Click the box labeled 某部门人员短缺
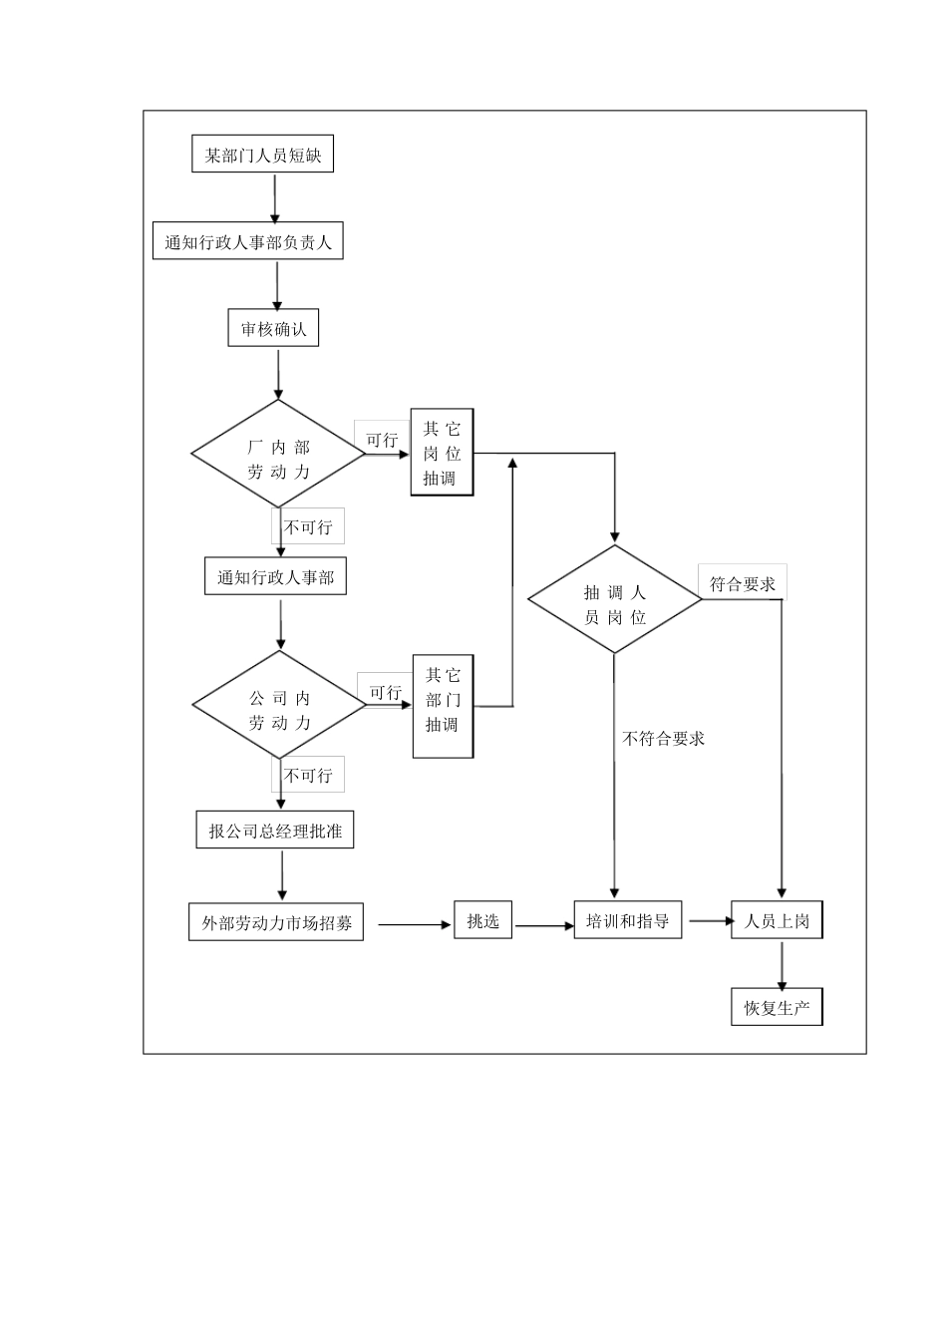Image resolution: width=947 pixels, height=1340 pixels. point(262,156)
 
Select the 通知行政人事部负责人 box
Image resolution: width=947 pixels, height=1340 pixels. point(247,242)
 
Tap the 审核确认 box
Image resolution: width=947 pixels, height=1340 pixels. point(273,329)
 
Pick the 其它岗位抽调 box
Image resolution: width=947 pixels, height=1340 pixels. point(442,453)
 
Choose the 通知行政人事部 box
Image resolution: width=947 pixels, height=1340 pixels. point(275,577)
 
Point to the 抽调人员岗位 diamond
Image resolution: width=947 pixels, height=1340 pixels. point(614,599)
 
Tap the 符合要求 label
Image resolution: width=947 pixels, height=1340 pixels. point(743,584)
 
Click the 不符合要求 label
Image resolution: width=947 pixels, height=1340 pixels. point(663,739)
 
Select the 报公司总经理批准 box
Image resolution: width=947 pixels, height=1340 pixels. point(275,831)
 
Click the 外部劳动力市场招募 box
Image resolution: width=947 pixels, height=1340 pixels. point(276,923)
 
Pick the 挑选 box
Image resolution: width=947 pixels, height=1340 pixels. point(483,921)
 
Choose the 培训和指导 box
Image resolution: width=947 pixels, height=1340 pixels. point(628,921)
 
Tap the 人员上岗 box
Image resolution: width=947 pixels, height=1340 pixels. point(777,921)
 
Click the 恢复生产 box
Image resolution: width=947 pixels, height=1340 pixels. point(777,1008)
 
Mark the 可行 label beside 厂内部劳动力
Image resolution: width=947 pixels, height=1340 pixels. point(382,440)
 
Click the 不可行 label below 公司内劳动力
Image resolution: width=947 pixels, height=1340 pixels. point(308,776)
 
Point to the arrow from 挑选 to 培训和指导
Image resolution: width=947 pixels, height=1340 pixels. point(543,926)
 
